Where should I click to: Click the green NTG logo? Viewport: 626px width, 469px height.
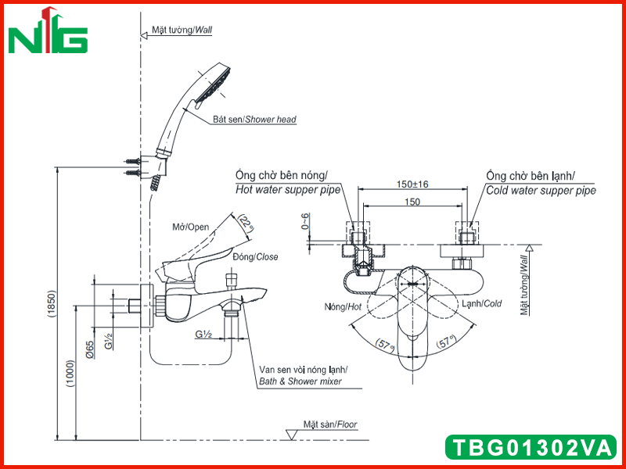pos(48,30)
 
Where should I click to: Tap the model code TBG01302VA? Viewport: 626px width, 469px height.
pos(532,447)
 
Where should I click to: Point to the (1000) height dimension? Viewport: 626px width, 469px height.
pos(70,374)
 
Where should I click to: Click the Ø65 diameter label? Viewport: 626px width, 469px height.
pos(90,349)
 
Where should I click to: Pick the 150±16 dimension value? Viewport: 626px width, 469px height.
pos(412,184)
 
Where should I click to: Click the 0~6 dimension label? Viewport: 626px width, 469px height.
pos(305,221)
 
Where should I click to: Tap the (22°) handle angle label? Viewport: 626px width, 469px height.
pos(246,224)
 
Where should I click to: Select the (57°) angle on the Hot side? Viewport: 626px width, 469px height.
pos(385,344)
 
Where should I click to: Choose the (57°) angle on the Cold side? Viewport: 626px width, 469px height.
pos(445,342)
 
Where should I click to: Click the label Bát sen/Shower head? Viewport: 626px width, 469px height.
pos(254,120)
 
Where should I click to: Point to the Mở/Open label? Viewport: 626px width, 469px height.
pos(190,227)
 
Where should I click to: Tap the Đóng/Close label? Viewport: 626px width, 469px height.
pos(255,257)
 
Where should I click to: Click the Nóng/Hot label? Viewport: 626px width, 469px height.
pos(343,306)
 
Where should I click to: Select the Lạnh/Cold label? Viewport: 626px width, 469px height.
pos(481,304)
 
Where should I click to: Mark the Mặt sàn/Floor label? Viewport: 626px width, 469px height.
pos(329,424)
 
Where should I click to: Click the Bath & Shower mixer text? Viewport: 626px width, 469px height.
pos(300,381)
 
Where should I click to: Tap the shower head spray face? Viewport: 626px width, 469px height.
pos(216,85)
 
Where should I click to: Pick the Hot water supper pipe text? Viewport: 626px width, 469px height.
pos(288,189)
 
